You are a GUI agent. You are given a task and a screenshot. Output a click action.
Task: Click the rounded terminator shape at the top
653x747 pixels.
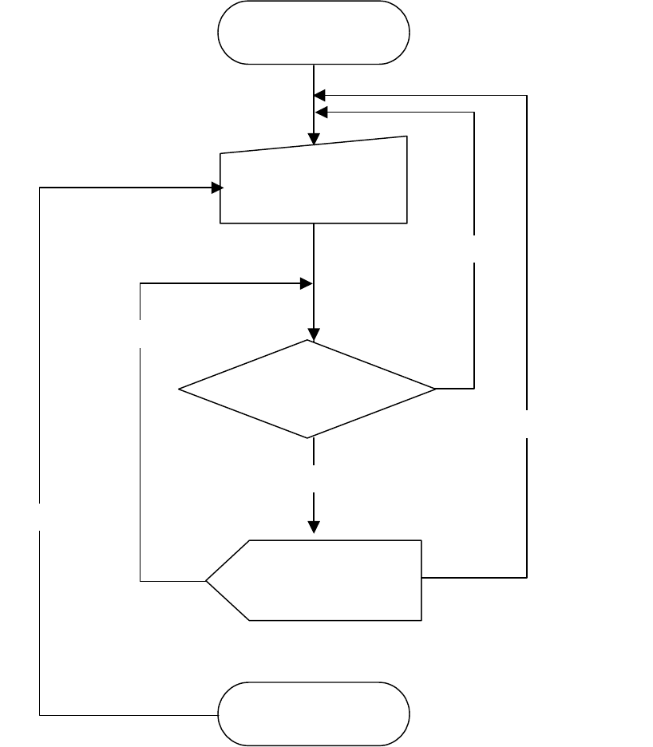[314, 32]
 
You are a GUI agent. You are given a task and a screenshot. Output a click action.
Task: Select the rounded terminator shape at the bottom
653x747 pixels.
[314, 713]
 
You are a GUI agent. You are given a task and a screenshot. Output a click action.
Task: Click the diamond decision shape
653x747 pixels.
[307, 389]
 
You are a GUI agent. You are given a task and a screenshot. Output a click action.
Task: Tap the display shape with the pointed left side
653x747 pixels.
[314, 580]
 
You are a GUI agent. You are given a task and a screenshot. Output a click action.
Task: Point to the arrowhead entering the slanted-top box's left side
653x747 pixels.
[216, 188]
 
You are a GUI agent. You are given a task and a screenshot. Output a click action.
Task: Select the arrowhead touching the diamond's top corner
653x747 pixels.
[315, 334]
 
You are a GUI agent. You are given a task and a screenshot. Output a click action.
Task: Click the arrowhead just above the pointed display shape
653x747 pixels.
[315, 527]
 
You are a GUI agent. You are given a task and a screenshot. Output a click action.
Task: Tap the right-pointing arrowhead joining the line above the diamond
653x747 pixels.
[305, 283]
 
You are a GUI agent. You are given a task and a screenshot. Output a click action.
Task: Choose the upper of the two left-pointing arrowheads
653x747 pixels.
[320, 95]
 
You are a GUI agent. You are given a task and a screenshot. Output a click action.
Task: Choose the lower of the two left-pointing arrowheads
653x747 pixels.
[320, 112]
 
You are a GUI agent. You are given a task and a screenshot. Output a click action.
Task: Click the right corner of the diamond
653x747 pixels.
[436, 389]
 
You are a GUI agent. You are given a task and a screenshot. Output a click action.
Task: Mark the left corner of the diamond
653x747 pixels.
[179, 389]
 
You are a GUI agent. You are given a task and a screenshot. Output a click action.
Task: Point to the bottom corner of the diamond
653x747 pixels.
[308, 437]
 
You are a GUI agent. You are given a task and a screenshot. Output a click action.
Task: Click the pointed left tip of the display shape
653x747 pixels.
[207, 580]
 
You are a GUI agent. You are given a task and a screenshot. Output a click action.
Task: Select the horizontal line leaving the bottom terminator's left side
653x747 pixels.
[128, 714]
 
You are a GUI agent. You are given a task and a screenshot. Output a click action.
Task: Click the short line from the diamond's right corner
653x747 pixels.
[455, 389]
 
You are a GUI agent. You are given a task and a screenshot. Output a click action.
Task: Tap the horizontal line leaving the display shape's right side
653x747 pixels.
[474, 576]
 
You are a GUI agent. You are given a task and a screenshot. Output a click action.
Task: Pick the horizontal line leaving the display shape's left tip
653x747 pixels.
[172, 581]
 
